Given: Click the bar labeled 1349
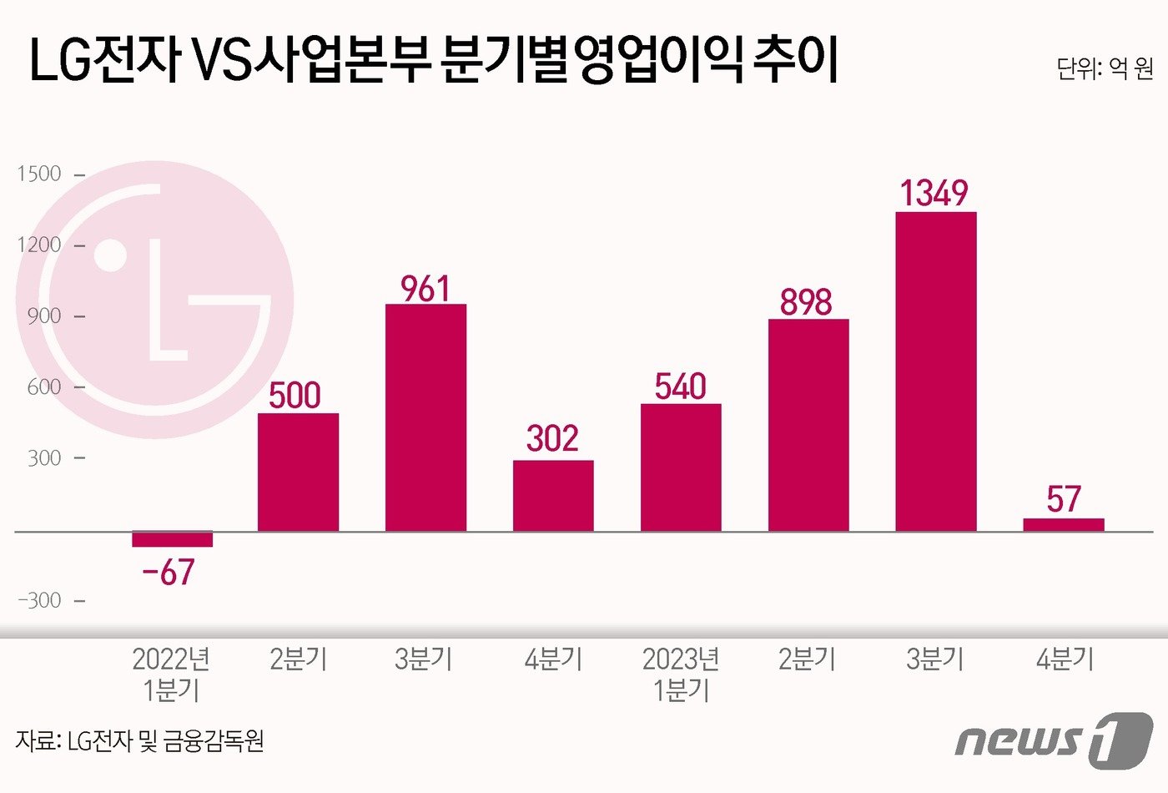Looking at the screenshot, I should [x=935, y=371].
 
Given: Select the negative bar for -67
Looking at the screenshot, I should [x=172, y=539].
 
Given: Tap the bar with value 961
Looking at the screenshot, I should [x=425, y=417].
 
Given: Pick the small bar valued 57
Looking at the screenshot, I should [x=1063, y=524].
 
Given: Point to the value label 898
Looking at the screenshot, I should [x=806, y=302].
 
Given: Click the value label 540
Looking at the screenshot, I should [x=680, y=386].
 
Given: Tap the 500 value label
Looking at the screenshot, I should [x=295, y=396].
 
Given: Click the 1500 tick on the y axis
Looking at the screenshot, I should [x=39, y=174].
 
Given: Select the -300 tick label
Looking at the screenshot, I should [x=39, y=600].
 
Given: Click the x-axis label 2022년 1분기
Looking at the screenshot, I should [x=171, y=674].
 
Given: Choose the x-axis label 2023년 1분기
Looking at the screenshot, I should [x=681, y=674].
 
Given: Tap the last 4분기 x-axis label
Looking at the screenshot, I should [x=1065, y=659].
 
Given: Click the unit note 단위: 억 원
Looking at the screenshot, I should [x=1104, y=68].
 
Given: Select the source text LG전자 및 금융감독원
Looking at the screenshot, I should [x=139, y=741].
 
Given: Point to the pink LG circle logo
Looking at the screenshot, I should [x=155, y=299].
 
